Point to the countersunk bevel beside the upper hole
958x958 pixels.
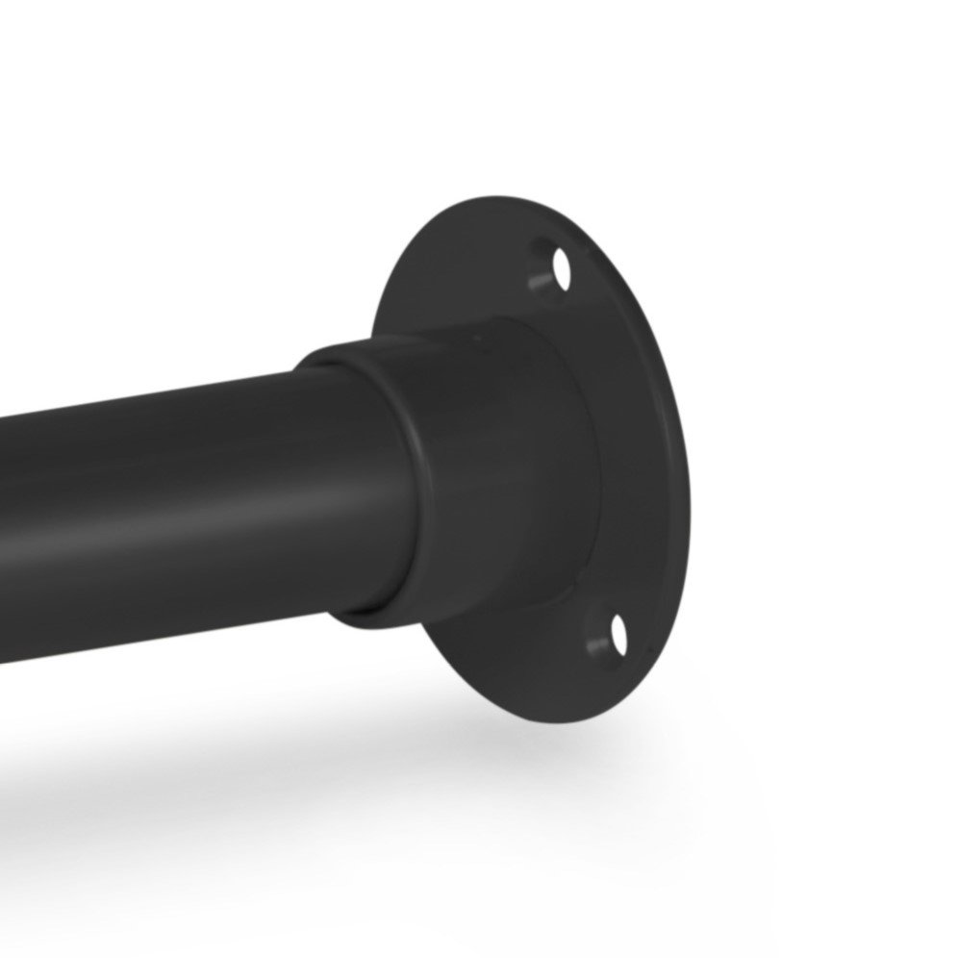coord(542,279)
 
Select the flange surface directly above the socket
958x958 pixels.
coord(452,279)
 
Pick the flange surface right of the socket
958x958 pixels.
coord(635,462)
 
